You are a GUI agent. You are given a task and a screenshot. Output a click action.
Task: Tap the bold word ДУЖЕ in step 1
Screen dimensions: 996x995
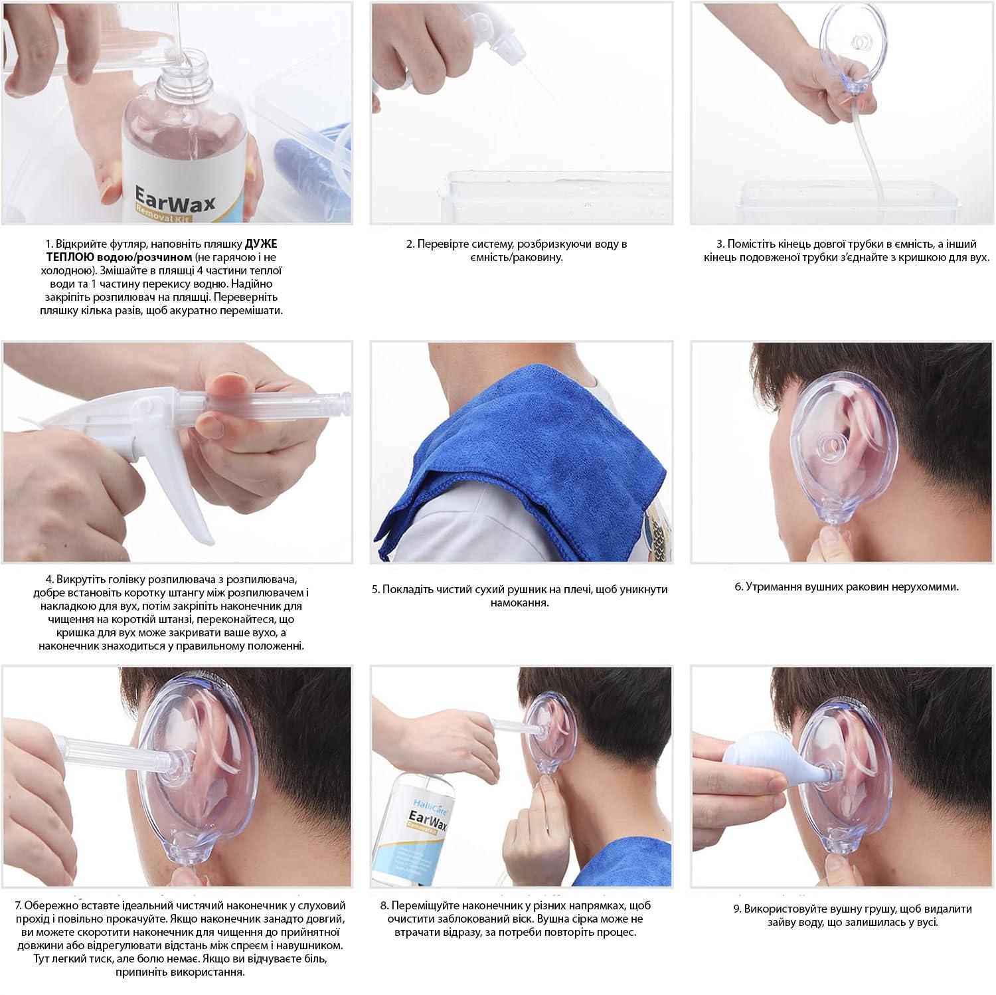[x=261, y=244]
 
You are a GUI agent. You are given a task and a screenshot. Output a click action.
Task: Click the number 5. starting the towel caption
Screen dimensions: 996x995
[x=376, y=589]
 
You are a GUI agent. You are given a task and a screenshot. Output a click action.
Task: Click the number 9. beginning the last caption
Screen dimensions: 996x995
[x=738, y=908]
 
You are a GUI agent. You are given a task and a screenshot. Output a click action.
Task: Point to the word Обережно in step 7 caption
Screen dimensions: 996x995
[x=48, y=905]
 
